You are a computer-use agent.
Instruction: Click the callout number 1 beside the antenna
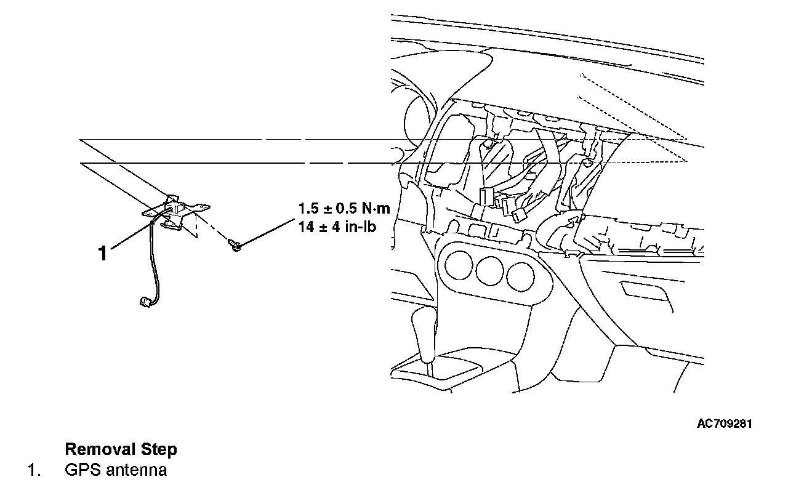(103, 253)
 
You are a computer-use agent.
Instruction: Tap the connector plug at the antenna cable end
(143, 302)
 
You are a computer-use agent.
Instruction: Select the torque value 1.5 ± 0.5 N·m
(344, 208)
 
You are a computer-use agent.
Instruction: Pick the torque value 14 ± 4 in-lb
(337, 226)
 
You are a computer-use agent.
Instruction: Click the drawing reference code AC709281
(724, 424)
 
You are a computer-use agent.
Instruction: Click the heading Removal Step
(121, 449)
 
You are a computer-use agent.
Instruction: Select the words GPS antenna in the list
(116, 470)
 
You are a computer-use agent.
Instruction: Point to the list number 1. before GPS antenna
(34, 470)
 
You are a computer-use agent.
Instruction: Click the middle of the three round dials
(488, 270)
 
